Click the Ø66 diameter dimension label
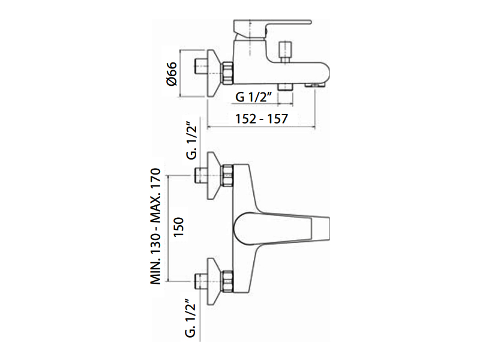coord(172,73)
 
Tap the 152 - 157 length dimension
coord(262,119)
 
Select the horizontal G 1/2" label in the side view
coord(254,97)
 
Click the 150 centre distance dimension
coord(178,226)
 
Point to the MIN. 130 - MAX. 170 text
coord(155,226)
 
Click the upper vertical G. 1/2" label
coord(192,141)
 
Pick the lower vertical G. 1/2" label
coord(190,318)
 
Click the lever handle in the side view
coord(272,29)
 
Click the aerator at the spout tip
coord(315,85)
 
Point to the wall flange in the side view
coord(214,73)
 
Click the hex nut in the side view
coord(227,73)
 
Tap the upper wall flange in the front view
coord(214,175)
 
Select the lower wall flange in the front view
coord(214,281)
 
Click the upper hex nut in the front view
coord(227,175)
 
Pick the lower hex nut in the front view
coord(227,281)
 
